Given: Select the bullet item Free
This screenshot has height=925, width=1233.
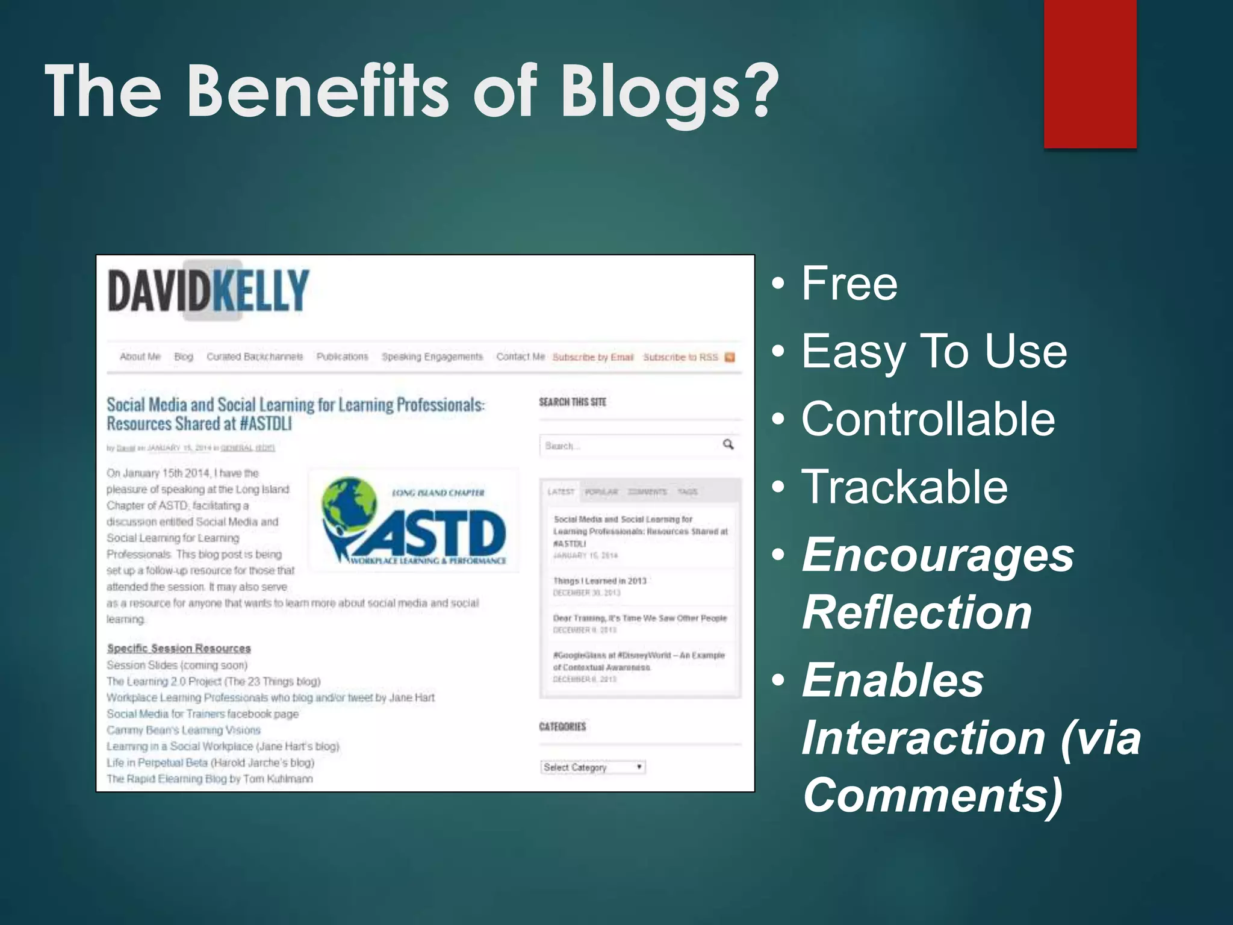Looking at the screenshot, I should click(849, 284).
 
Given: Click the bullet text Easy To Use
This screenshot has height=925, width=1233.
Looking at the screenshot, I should click(934, 352).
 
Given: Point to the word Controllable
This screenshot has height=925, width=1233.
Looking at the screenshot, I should click(928, 419).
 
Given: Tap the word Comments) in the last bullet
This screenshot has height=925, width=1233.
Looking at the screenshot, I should click(933, 795).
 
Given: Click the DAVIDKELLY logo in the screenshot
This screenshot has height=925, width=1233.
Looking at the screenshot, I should click(208, 291).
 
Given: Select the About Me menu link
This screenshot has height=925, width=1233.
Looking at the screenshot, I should click(140, 357).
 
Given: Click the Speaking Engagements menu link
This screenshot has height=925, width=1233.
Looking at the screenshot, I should click(432, 357).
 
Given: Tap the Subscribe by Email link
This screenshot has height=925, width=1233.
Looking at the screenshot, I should click(593, 357).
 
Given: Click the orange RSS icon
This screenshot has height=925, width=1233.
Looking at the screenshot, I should click(730, 357).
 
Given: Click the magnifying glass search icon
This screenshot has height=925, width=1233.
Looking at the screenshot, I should click(728, 444).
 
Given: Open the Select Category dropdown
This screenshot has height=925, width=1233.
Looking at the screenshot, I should click(592, 767).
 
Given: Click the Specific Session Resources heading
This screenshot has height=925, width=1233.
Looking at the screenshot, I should click(179, 648).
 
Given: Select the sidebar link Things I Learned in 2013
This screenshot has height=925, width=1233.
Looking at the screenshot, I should click(600, 581).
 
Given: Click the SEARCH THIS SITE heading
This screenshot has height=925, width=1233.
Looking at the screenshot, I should click(572, 402).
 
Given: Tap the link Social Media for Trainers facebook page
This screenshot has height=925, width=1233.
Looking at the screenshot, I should click(202, 714).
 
